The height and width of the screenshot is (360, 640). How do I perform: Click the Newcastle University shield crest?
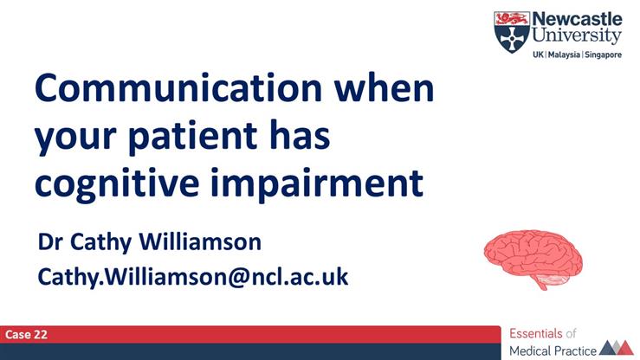tap(511, 31)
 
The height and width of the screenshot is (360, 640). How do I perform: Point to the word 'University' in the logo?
tap(575, 35)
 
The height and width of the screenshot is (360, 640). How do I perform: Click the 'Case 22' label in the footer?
tap(26, 333)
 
